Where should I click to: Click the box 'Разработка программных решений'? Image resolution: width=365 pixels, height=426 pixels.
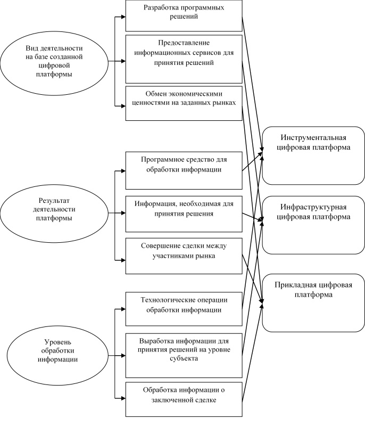click(184, 15)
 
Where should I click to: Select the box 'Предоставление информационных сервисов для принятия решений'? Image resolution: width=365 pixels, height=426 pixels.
click(184, 59)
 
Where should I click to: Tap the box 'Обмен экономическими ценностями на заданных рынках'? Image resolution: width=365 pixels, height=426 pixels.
click(184, 103)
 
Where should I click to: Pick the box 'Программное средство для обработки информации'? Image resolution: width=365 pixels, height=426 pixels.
click(184, 170)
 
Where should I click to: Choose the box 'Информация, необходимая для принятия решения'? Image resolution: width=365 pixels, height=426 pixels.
click(184, 214)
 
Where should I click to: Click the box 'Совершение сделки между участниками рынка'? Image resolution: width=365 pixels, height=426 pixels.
click(184, 256)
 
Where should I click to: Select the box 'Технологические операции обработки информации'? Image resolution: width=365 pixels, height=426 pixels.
click(184, 309)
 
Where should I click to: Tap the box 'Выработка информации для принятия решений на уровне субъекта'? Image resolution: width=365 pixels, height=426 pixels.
click(184, 355)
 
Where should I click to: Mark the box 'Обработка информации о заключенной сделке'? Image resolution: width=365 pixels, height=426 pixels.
click(184, 399)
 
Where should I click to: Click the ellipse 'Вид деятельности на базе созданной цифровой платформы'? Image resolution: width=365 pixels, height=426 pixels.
click(54, 61)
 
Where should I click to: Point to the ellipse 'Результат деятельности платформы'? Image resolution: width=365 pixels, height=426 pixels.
click(54, 214)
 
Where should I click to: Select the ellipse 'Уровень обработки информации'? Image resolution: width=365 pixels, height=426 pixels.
click(57, 355)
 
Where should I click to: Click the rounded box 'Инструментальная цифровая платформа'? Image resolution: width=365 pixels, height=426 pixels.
click(313, 155)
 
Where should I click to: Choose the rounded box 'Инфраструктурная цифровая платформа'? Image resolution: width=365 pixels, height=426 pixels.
click(313, 225)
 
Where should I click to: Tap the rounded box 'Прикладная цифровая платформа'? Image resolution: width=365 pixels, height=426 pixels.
click(313, 302)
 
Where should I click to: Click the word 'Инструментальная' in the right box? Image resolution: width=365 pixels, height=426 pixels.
click(313, 137)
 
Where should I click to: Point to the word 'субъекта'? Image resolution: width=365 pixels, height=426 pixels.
click(184, 358)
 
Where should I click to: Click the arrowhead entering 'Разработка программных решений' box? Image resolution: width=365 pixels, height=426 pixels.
click(123, 17)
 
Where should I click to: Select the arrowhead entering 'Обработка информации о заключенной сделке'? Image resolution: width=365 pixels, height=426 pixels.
click(123, 398)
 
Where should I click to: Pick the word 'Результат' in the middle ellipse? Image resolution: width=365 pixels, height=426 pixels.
click(54, 201)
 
